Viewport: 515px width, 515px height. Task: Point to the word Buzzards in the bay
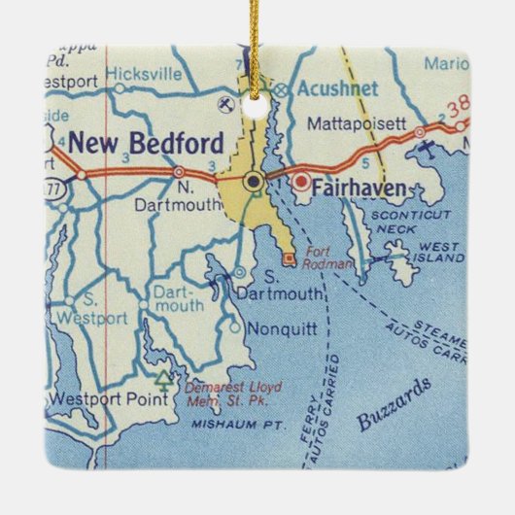tap(395, 405)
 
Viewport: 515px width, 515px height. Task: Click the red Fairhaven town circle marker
tap(300, 181)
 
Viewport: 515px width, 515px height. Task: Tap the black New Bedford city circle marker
tap(254, 180)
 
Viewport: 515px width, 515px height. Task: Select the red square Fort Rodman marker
tap(289, 258)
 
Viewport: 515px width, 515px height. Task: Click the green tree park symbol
tap(163, 374)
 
